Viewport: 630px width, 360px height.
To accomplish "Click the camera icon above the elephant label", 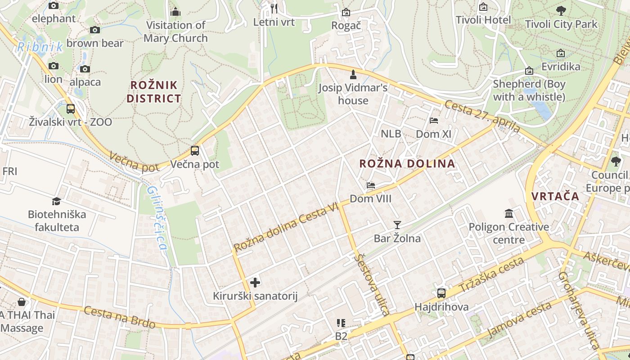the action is tap(54, 5).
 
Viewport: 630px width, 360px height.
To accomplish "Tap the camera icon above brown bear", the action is tap(94, 30).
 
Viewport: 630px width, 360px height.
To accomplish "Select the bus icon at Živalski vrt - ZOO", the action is tap(71, 108).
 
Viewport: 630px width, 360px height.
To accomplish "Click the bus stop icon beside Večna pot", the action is tap(194, 150).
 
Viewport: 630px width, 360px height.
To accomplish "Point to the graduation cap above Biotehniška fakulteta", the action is tap(56, 201).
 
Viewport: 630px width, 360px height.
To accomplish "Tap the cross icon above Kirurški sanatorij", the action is tap(255, 282).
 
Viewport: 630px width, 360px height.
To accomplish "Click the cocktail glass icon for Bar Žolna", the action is tap(397, 225).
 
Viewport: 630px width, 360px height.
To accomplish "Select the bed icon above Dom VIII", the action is tap(371, 185).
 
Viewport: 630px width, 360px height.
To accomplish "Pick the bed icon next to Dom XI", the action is tap(434, 120).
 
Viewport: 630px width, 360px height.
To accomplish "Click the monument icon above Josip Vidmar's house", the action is tap(353, 74).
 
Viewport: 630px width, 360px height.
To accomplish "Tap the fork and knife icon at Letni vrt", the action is tap(274, 8).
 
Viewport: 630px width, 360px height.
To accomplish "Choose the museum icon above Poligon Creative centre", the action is tap(509, 213).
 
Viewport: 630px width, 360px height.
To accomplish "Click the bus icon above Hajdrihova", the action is tap(441, 293).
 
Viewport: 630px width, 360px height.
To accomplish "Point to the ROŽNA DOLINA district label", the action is tap(407, 163).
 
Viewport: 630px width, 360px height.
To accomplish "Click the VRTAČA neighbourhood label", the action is tap(555, 196).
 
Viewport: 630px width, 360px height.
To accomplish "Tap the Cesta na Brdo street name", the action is tap(119, 317).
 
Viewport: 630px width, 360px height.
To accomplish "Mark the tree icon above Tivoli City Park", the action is tap(561, 10).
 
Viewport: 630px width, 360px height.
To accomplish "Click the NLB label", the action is tap(391, 134).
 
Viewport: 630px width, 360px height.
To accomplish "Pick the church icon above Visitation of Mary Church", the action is tap(175, 12).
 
